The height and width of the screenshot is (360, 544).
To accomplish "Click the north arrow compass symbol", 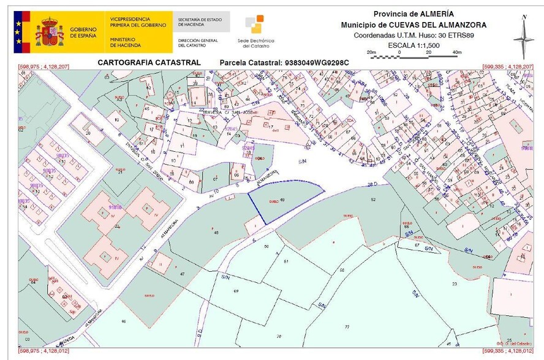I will [523, 38].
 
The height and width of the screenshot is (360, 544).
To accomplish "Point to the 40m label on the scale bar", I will [456, 53].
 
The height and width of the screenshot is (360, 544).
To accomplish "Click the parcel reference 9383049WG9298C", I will [314, 62].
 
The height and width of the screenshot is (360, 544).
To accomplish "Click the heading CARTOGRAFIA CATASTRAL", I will [149, 62].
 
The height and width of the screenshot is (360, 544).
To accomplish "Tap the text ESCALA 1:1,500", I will [414, 45].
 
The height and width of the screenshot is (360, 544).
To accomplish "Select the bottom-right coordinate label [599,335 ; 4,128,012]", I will [508, 351].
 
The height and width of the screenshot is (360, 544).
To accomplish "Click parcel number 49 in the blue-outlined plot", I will [282, 199].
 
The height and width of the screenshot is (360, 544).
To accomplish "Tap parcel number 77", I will [347, 328].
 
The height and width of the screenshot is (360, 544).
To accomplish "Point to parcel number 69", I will [236, 290].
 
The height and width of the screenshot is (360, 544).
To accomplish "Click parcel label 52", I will [373, 200].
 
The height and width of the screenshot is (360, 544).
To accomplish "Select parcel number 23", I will [454, 284].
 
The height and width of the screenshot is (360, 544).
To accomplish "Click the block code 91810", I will [115, 208].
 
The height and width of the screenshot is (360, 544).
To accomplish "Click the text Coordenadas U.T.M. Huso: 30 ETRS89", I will [414, 36].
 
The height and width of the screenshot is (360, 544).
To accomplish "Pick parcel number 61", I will [286, 261].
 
